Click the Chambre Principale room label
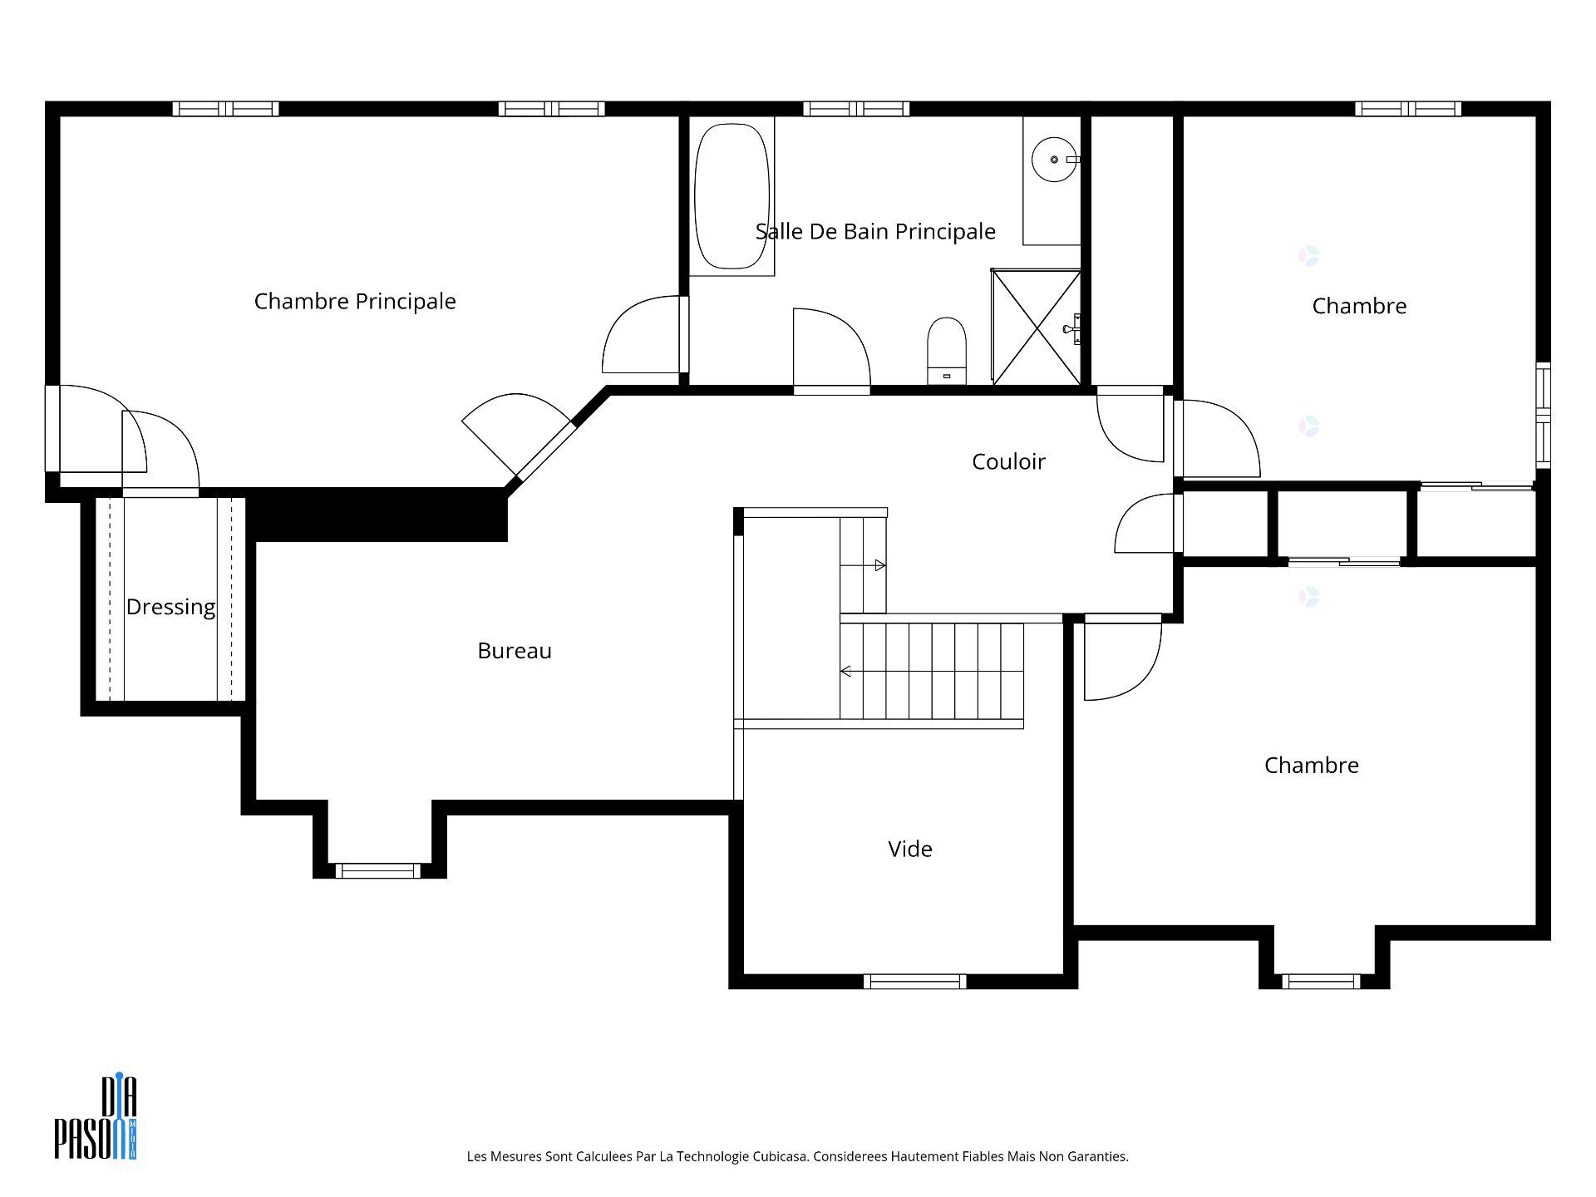pos(355,301)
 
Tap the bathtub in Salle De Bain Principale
pos(731,196)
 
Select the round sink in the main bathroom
pos(1053,159)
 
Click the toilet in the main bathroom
pos(947,349)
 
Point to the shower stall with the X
pos(1036,328)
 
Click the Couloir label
pos(1008,461)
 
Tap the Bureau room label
pos(514,651)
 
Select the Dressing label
pos(170,607)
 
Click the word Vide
pos(909,849)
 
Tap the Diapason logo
pos(96,1118)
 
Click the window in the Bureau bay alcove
pos(378,870)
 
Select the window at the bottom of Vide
pos(914,982)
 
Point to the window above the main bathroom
pos(856,109)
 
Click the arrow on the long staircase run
pos(846,671)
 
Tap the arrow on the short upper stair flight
pos(879,565)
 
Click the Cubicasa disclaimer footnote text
pos(797,1156)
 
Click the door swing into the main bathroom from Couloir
pos(830,349)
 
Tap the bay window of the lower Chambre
pos(1321,982)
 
